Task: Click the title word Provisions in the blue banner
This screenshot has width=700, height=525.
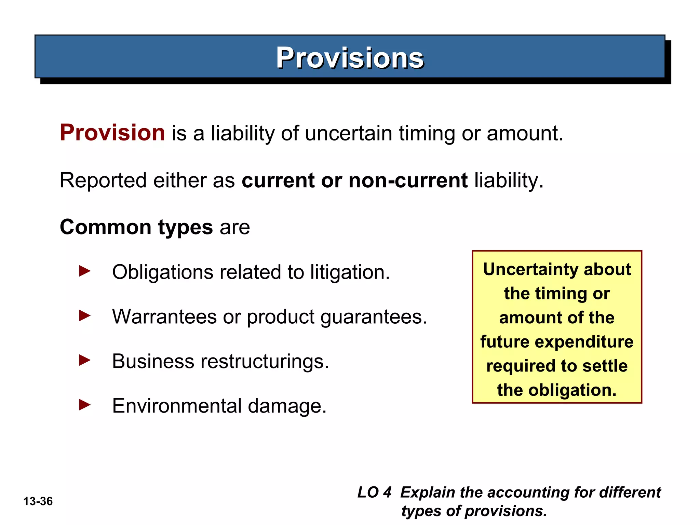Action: pyautogui.click(x=350, y=58)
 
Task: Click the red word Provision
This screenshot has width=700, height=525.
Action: pyautogui.click(x=112, y=133)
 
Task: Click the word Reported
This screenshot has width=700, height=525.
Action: pyautogui.click(x=104, y=181)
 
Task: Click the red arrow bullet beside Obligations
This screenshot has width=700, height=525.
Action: pyautogui.click(x=84, y=271)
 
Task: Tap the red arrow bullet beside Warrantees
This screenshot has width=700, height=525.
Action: pyautogui.click(x=84, y=316)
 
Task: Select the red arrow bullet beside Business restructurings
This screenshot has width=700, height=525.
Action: pyautogui.click(x=84, y=360)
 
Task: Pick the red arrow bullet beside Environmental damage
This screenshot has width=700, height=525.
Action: pyautogui.click(x=84, y=405)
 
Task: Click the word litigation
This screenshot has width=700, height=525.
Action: pyautogui.click(x=350, y=272)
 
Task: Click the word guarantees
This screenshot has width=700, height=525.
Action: pyautogui.click(x=373, y=317)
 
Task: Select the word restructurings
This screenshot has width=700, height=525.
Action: pyautogui.click(x=264, y=362)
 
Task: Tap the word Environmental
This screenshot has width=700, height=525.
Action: pyautogui.click(x=177, y=406)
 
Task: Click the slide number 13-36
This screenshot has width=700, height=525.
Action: pyautogui.click(x=38, y=501)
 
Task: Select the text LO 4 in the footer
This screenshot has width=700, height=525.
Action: pyautogui.click(x=374, y=493)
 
